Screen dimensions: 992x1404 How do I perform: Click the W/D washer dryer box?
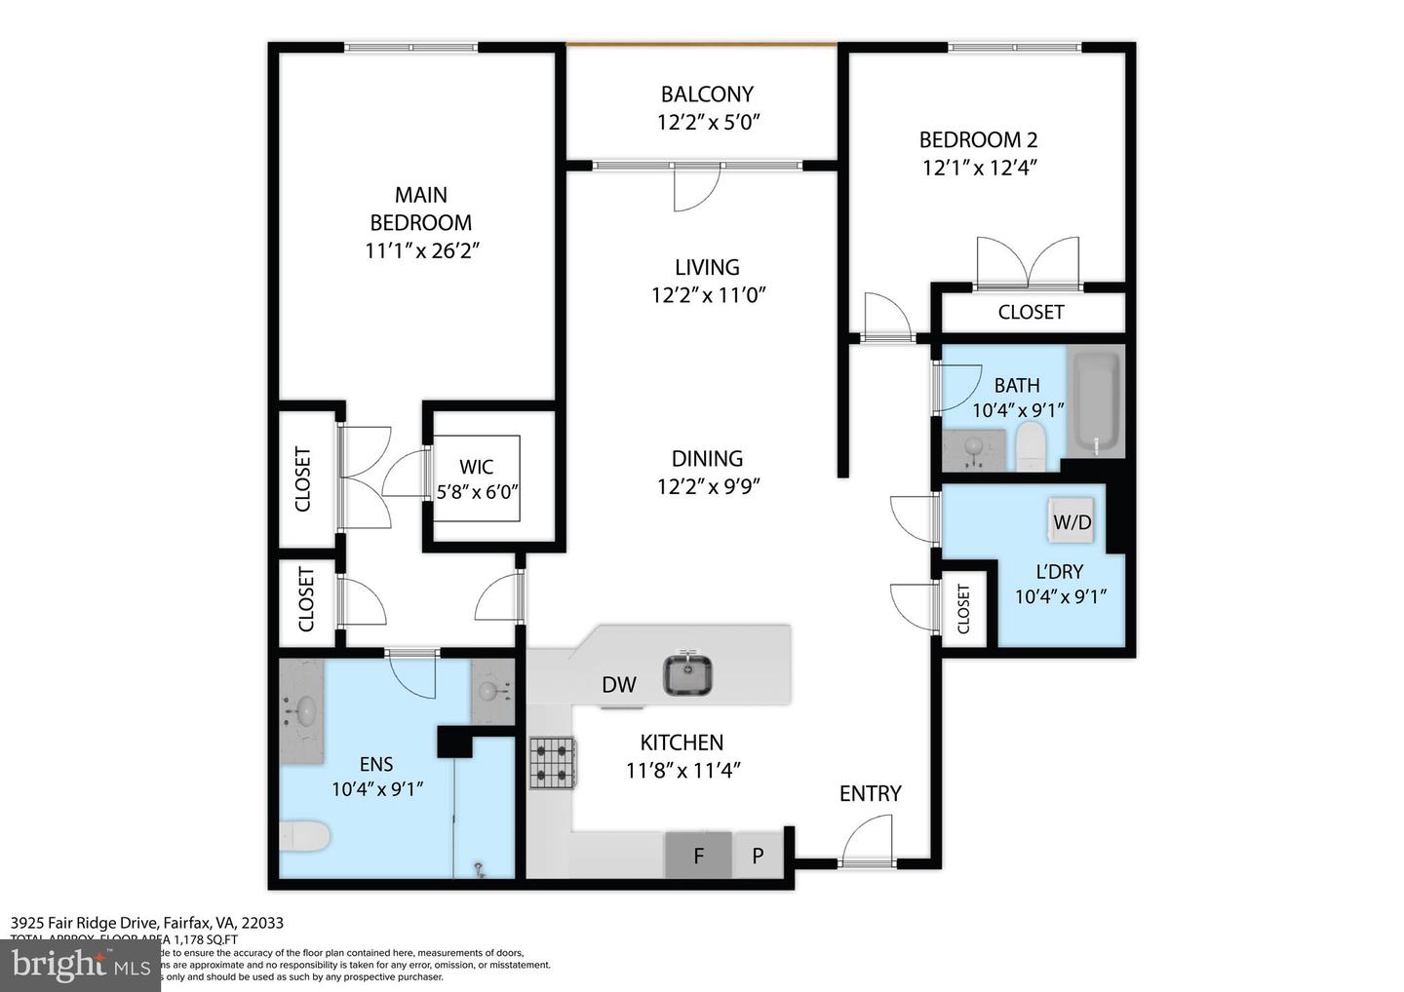(x=1072, y=521)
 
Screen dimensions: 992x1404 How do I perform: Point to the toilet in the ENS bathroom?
(x=304, y=836)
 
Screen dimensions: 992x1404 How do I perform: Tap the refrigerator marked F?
(x=698, y=857)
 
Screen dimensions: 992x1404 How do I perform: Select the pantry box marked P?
(x=758, y=857)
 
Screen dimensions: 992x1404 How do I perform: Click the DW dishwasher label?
(x=618, y=685)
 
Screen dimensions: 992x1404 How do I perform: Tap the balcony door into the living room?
(x=696, y=187)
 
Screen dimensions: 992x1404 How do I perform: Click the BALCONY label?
(x=707, y=95)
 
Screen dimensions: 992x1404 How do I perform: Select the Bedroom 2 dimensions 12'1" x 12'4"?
(x=979, y=168)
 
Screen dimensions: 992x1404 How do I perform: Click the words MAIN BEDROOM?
(x=421, y=209)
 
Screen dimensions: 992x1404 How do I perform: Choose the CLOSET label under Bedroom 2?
(x=1031, y=312)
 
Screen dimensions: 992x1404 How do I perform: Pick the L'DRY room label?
(x=1060, y=572)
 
